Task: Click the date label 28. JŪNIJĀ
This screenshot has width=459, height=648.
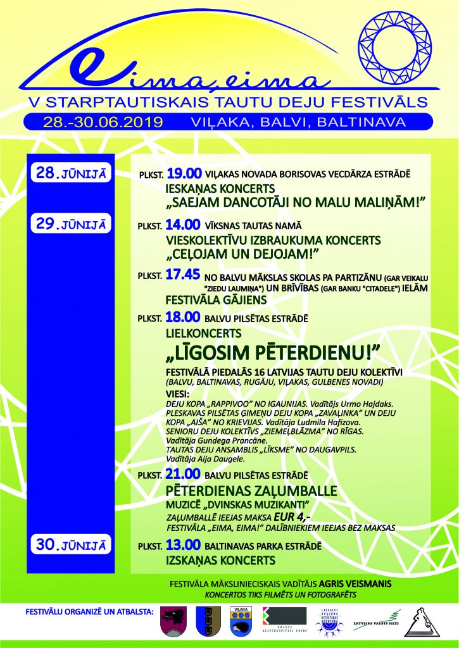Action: [71, 173]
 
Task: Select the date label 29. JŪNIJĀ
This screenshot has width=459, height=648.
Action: [71, 224]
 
